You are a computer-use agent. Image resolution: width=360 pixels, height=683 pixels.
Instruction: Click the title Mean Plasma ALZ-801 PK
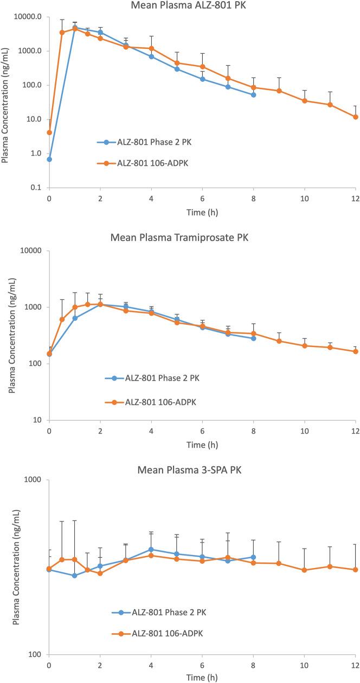(202, 6)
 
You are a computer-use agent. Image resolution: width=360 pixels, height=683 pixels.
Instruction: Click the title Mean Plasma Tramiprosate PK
(202, 237)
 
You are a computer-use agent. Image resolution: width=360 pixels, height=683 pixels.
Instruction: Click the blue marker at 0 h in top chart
(49, 159)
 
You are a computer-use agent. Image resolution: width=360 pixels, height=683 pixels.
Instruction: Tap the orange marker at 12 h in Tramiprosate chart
(356, 351)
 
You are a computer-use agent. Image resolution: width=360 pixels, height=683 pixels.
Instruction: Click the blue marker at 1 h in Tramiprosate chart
(75, 318)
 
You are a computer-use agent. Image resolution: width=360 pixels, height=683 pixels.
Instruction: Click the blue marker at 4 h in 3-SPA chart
(151, 550)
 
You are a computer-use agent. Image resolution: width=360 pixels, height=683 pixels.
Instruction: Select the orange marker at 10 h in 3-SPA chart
(305, 570)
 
